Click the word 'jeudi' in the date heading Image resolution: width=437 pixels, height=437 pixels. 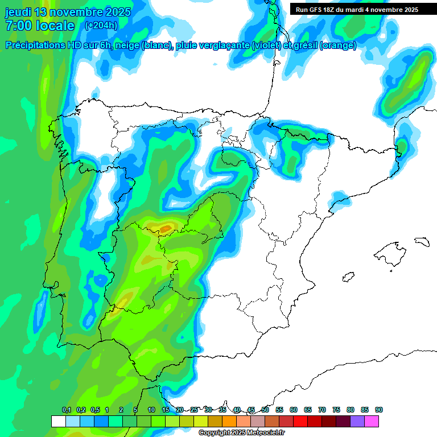pyautogui.click(x=18, y=12)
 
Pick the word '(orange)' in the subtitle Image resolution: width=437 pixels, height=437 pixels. pyautogui.click(x=338, y=46)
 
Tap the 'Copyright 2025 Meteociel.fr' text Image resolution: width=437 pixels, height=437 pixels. pyautogui.click(x=241, y=433)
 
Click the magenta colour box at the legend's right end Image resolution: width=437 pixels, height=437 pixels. pyautogui.click(x=372, y=421)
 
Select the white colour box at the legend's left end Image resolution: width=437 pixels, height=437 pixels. pyautogui.click(x=59, y=421)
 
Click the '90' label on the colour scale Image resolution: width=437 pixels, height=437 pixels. pyautogui.click(x=379, y=410)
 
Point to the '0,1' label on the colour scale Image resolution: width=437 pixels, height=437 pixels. pyautogui.click(x=67, y=410)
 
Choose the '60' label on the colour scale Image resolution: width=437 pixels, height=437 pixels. pyautogui.click(x=294, y=410)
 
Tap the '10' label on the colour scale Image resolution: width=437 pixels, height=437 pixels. pyautogui.click(x=151, y=410)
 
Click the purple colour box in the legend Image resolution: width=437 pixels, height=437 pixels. pyautogui.click(x=357, y=421)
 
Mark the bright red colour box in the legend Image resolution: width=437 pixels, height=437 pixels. pyautogui.click(x=300, y=421)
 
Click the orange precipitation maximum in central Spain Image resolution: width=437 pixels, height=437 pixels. pyautogui.click(x=165, y=229)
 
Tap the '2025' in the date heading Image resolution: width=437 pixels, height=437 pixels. pyautogui.click(x=117, y=12)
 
